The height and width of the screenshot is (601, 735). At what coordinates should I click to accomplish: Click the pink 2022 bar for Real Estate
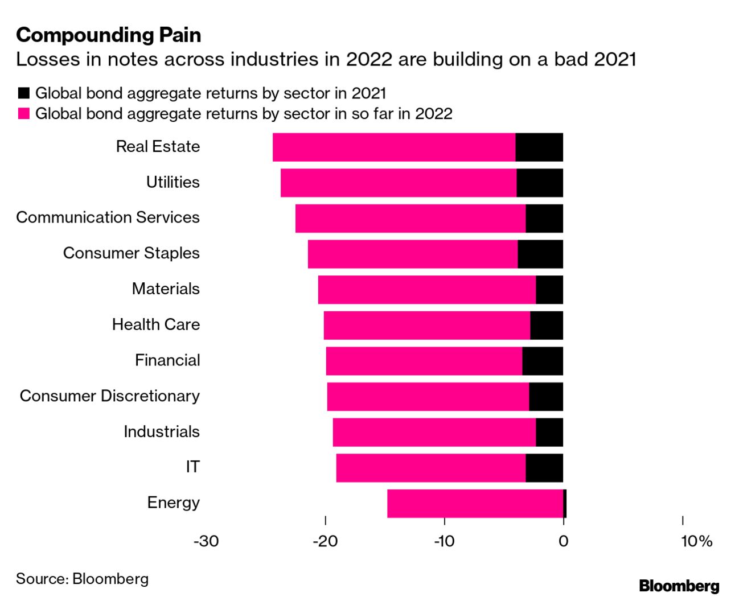tap(394, 147)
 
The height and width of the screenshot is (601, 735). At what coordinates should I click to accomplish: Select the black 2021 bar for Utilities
tap(540, 183)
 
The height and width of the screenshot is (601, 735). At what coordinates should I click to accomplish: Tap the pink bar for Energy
tap(475, 504)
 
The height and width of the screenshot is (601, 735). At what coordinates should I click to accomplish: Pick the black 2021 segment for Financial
tap(543, 361)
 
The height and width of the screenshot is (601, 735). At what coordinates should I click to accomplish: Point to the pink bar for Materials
tap(427, 290)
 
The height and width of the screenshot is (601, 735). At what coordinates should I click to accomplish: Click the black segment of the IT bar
tap(544, 468)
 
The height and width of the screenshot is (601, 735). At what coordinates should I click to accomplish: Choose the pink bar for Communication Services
tap(410, 219)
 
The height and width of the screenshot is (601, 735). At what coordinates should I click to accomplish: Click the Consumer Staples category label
tap(132, 253)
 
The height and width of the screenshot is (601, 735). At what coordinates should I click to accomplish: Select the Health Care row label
tap(156, 324)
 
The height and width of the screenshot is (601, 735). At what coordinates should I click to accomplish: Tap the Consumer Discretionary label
tap(110, 396)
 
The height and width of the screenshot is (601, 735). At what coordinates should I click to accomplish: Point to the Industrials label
tap(162, 431)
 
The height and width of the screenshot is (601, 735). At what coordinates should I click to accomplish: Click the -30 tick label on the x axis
tap(206, 541)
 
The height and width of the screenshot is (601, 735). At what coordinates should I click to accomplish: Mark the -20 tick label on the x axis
tap(325, 541)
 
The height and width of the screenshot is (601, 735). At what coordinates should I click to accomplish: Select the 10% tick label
tap(696, 541)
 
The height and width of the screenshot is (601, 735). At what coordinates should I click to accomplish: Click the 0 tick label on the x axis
tap(563, 541)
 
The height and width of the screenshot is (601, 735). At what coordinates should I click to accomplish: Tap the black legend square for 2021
tap(23, 93)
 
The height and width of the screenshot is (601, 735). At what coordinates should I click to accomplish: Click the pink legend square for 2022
tap(23, 114)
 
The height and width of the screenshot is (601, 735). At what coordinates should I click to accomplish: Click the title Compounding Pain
tap(109, 35)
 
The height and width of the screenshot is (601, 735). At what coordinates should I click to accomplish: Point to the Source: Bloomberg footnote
tap(83, 579)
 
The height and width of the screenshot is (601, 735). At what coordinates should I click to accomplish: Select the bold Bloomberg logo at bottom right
tap(679, 586)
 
